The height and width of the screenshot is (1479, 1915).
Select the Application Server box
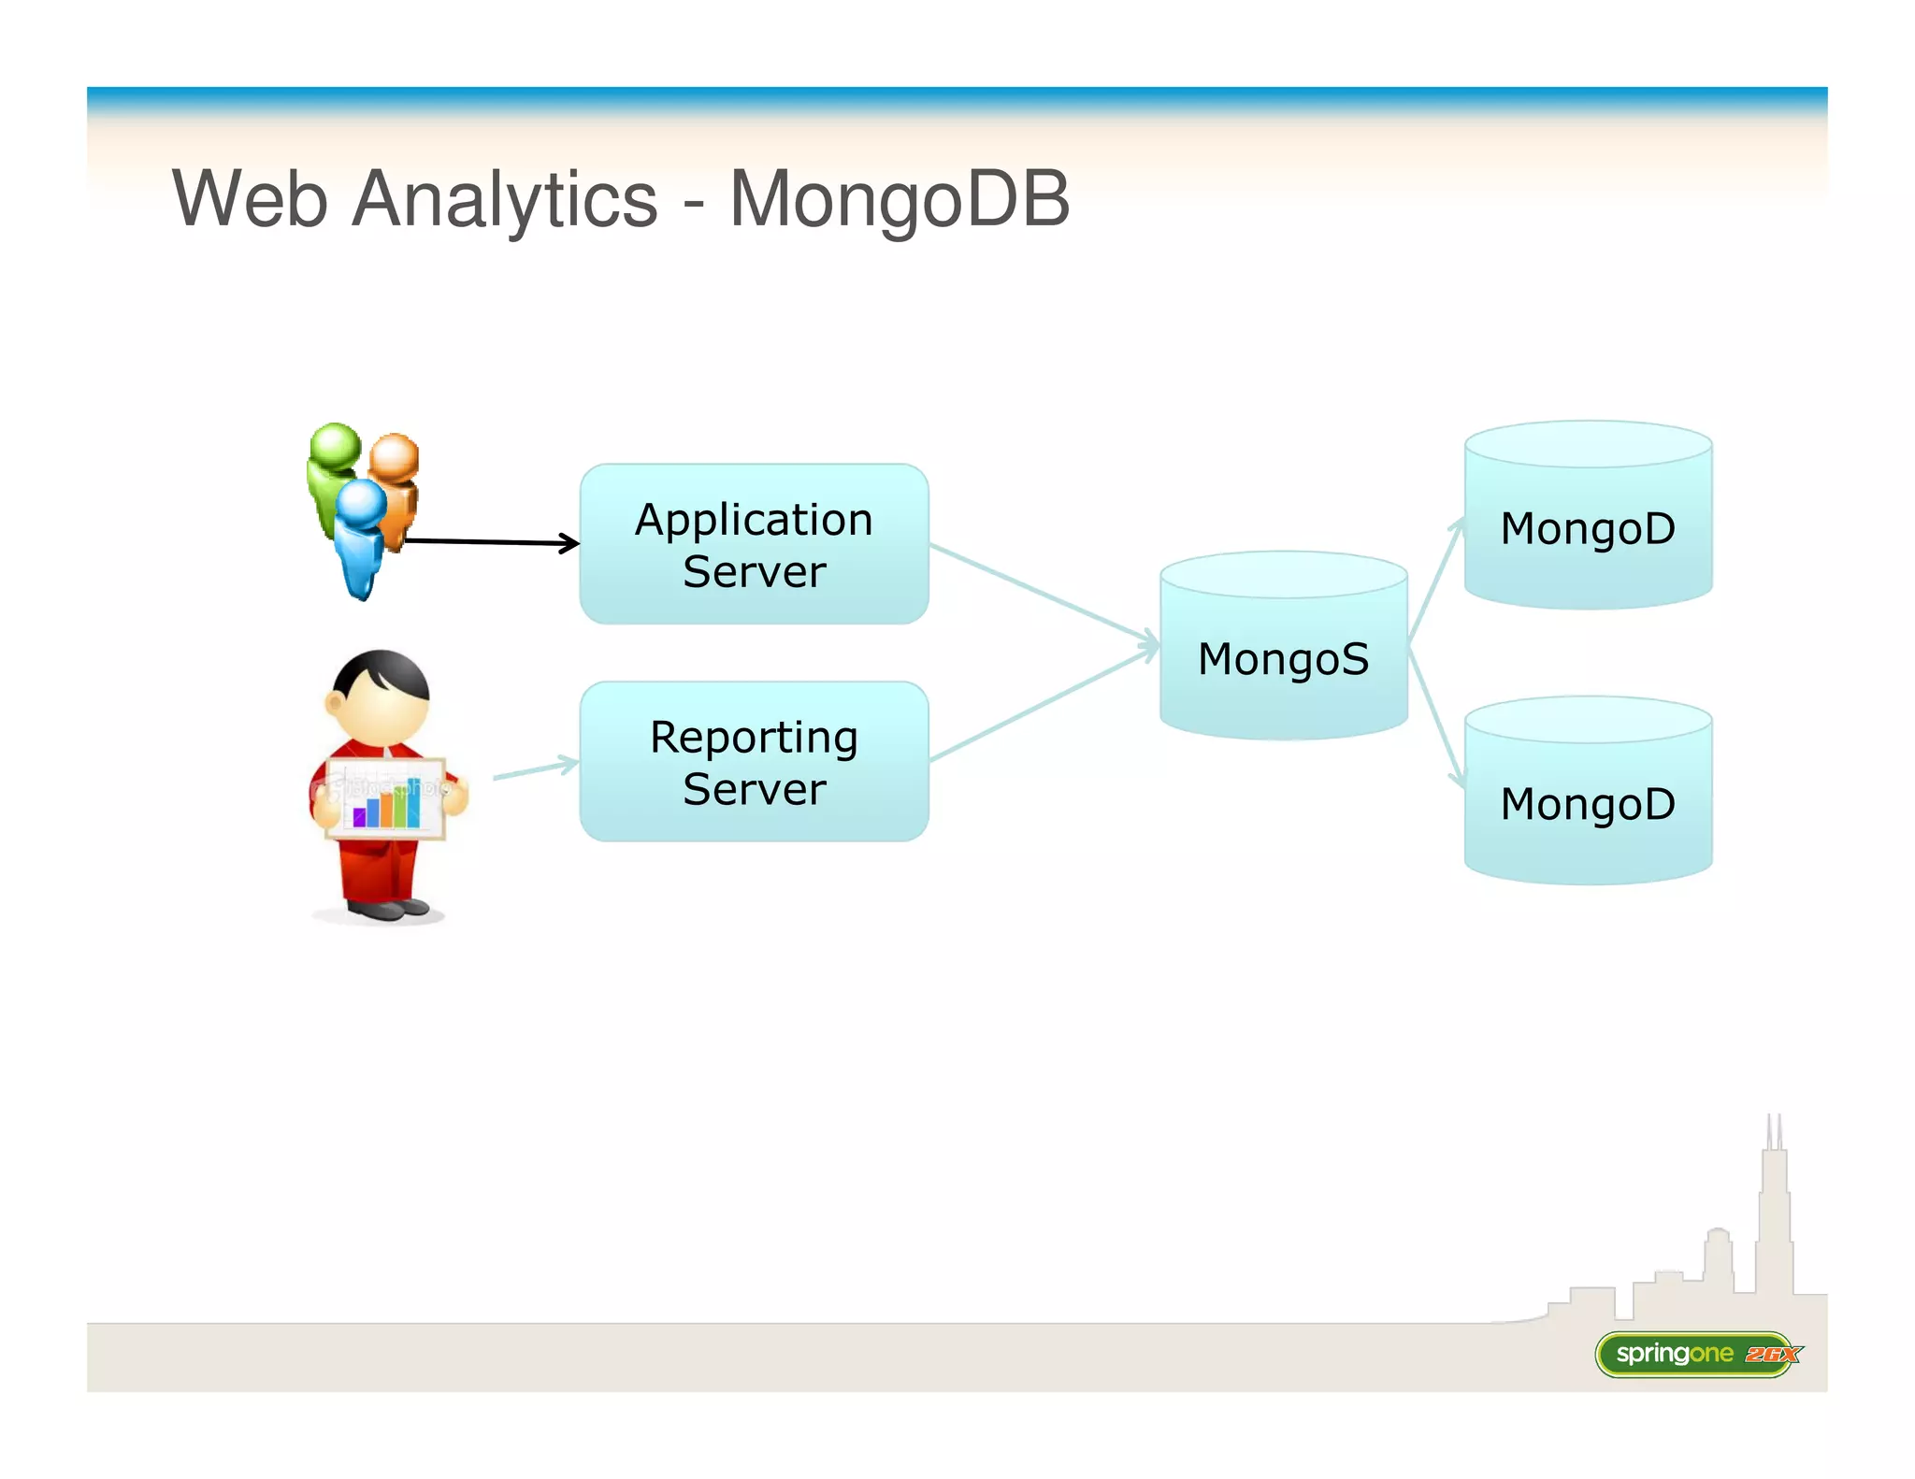(x=754, y=544)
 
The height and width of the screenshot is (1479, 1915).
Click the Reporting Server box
(x=754, y=762)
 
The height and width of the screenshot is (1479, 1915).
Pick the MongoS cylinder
(x=1283, y=658)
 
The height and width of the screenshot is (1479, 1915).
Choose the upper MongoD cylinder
(x=1588, y=528)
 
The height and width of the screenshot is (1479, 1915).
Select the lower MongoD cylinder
(x=1588, y=804)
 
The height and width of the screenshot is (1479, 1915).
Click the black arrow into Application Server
(x=491, y=541)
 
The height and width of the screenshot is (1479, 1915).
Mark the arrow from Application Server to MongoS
(x=1043, y=594)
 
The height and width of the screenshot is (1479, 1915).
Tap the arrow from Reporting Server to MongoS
(x=1043, y=704)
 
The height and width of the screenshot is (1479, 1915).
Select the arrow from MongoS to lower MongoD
(x=1435, y=715)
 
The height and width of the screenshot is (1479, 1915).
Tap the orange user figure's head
(x=394, y=456)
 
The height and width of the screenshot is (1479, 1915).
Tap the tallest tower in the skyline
(x=1773, y=1215)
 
